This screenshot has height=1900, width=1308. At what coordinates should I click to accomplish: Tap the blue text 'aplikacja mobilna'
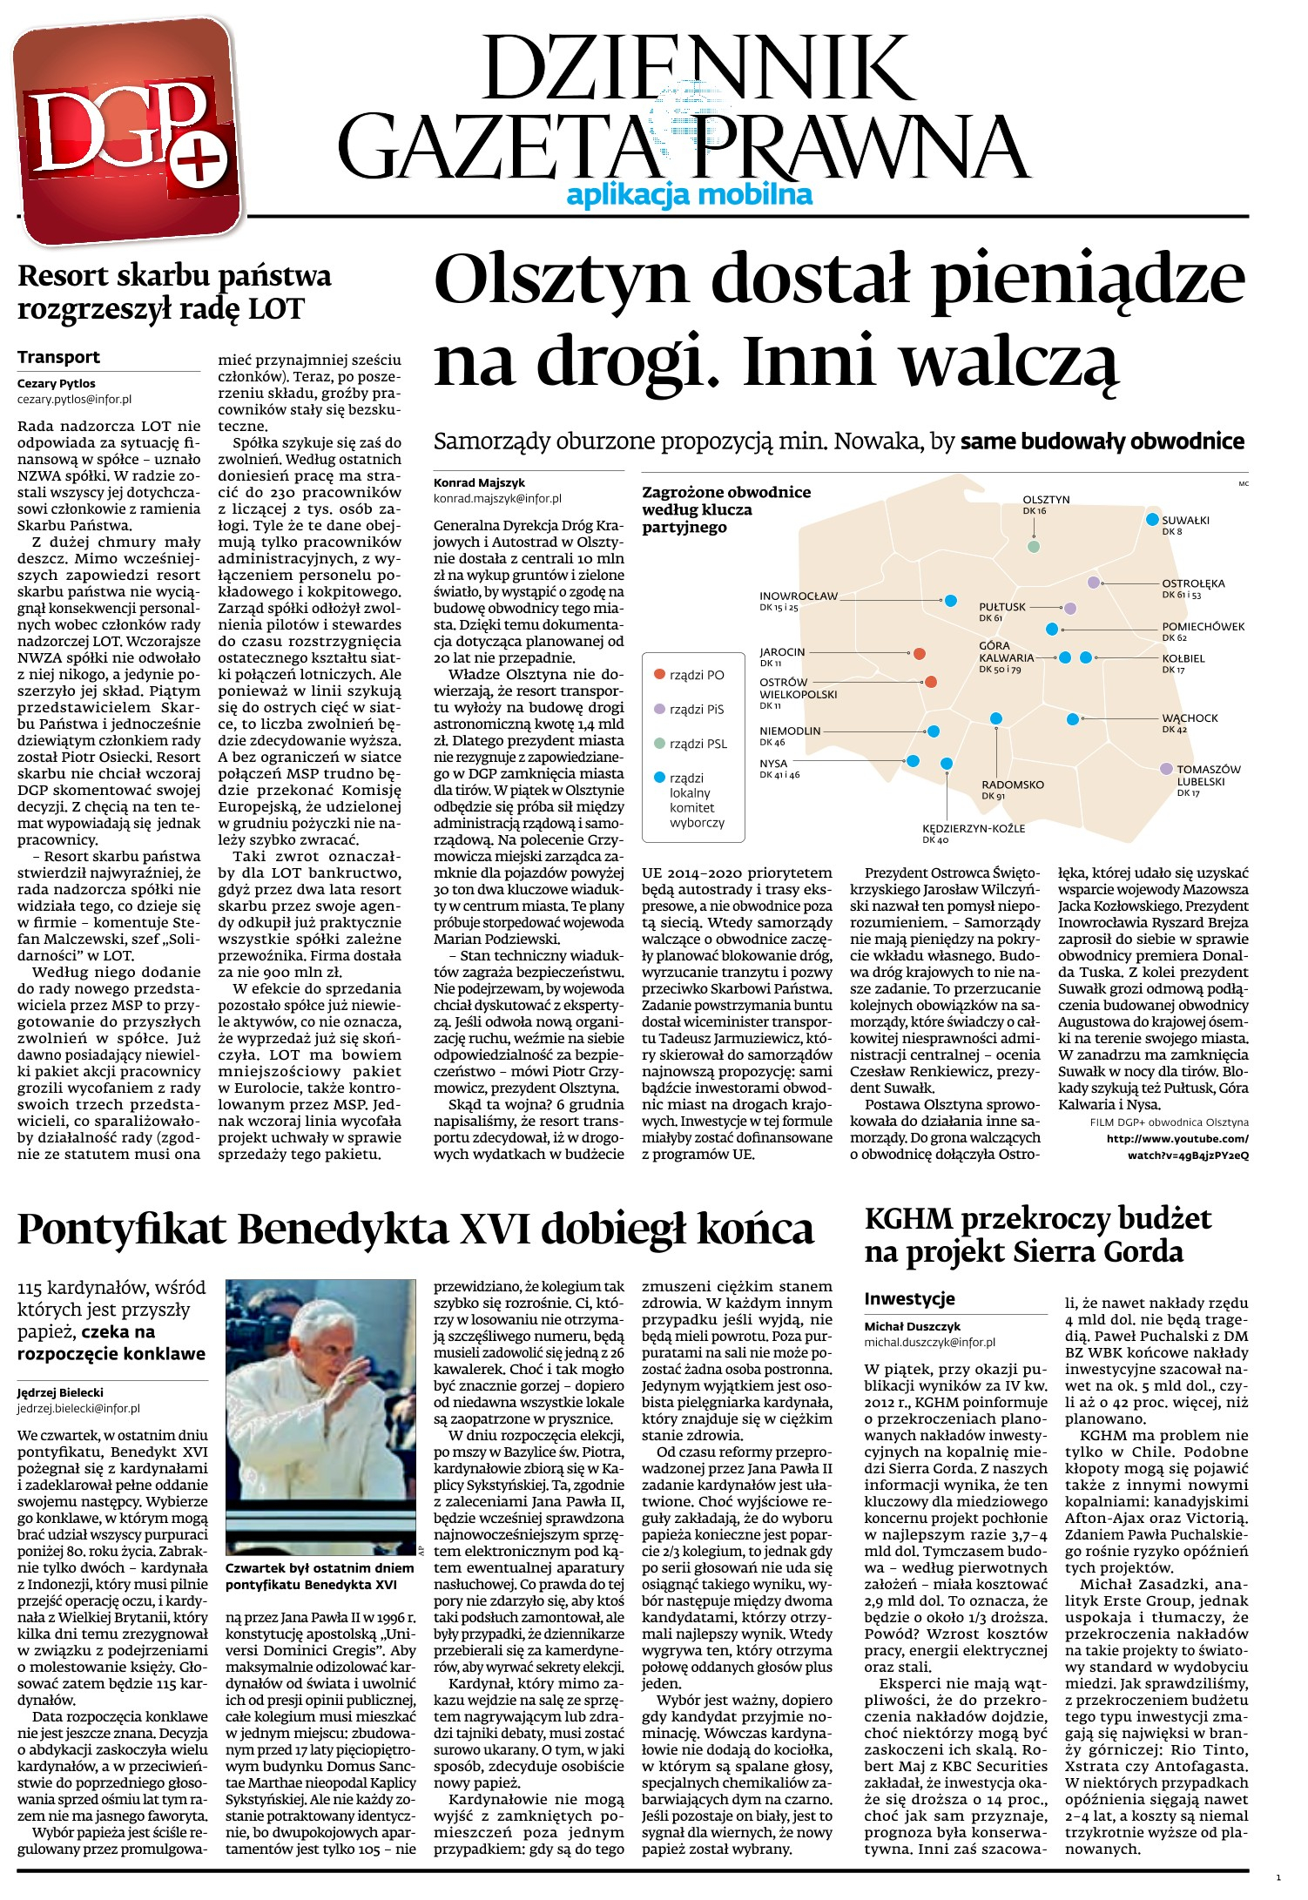point(689,194)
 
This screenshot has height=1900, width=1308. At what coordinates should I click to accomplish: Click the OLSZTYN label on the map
point(1046,500)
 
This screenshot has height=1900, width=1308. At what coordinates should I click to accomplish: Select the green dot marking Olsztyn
point(1034,547)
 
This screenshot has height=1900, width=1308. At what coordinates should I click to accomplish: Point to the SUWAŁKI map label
point(1185,521)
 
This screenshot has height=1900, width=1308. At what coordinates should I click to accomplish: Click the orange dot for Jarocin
point(919,653)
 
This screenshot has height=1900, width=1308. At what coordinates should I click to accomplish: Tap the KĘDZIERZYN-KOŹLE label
point(974,828)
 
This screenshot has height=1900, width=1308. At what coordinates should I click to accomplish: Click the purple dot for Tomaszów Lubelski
point(1165,768)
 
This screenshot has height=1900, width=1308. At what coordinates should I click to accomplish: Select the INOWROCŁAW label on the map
point(798,596)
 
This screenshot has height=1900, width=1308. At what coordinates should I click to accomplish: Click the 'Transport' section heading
point(58,357)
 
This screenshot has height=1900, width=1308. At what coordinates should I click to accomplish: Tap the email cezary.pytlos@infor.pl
point(74,399)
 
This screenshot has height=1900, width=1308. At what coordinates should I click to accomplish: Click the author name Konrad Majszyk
point(479,482)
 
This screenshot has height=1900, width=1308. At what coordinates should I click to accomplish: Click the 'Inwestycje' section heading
point(909,1298)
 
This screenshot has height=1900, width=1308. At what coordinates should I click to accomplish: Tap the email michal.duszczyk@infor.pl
point(929,1343)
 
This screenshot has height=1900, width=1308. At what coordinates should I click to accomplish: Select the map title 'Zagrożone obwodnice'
point(726,492)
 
